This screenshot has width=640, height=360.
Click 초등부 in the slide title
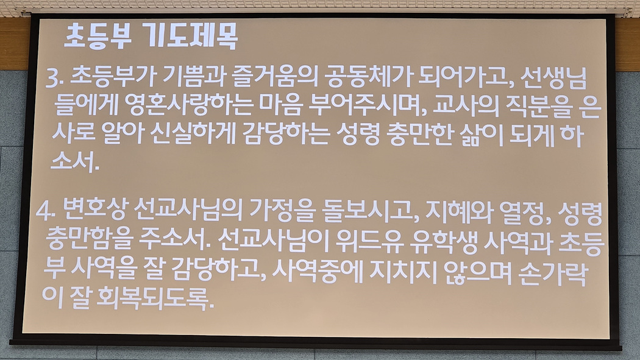pos(98,37)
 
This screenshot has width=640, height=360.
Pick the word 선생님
pos(554,79)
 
